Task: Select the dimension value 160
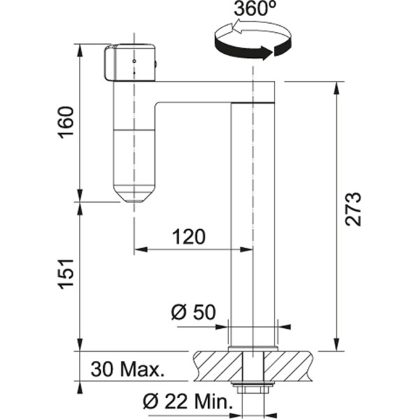pos(66,122)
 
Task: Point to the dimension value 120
pos(187,237)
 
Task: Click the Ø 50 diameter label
pos(193,312)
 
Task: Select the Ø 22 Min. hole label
pos(187,402)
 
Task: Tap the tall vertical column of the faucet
pos(253,223)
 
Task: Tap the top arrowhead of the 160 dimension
pos(81,50)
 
